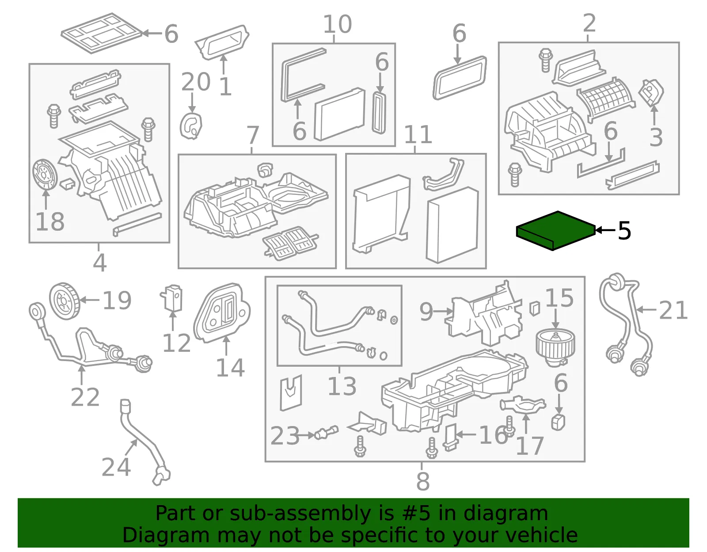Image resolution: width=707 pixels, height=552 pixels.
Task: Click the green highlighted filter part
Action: click(x=556, y=231)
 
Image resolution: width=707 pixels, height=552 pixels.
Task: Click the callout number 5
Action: click(x=624, y=231)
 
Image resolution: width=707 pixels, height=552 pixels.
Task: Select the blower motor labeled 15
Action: click(x=555, y=348)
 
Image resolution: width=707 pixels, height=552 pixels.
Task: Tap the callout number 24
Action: click(x=116, y=467)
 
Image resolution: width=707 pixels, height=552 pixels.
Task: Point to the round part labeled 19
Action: click(x=65, y=301)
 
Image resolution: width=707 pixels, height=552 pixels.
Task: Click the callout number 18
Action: click(x=50, y=222)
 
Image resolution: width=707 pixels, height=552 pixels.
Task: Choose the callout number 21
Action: click(x=673, y=310)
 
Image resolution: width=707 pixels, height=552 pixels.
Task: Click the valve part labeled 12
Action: click(x=171, y=298)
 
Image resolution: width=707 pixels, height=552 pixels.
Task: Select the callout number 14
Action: click(x=230, y=368)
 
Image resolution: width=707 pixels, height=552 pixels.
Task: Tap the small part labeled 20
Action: click(x=191, y=126)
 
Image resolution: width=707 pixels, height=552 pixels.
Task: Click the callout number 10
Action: click(x=338, y=24)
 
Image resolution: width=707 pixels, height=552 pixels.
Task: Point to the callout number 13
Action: click(x=342, y=386)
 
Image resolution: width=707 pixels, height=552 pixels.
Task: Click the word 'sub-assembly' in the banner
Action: click(x=300, y=513)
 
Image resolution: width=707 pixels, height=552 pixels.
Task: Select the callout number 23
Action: click(x=285, y=436)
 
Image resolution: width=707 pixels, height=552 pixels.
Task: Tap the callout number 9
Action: click(x=426, y=311)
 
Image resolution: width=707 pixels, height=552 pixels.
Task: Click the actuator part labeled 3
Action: click(x=651, y=93)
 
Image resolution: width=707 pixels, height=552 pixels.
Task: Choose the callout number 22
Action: click(x=85, y=397)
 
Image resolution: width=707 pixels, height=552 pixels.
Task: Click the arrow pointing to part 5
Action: click(x=605, y=230)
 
